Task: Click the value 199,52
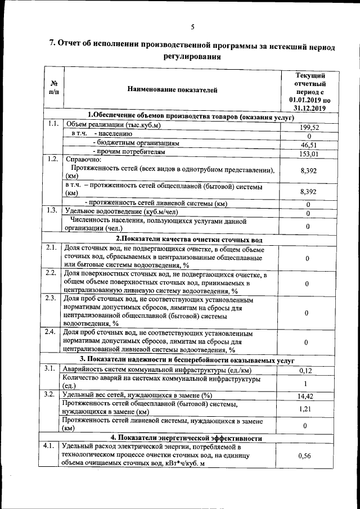[x=309, y=127]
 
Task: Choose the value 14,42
[x=305, y=396]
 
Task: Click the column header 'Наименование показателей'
[x=172, y=89]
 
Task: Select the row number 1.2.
[x=53, y=159]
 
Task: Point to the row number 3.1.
[x=50, y=368]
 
